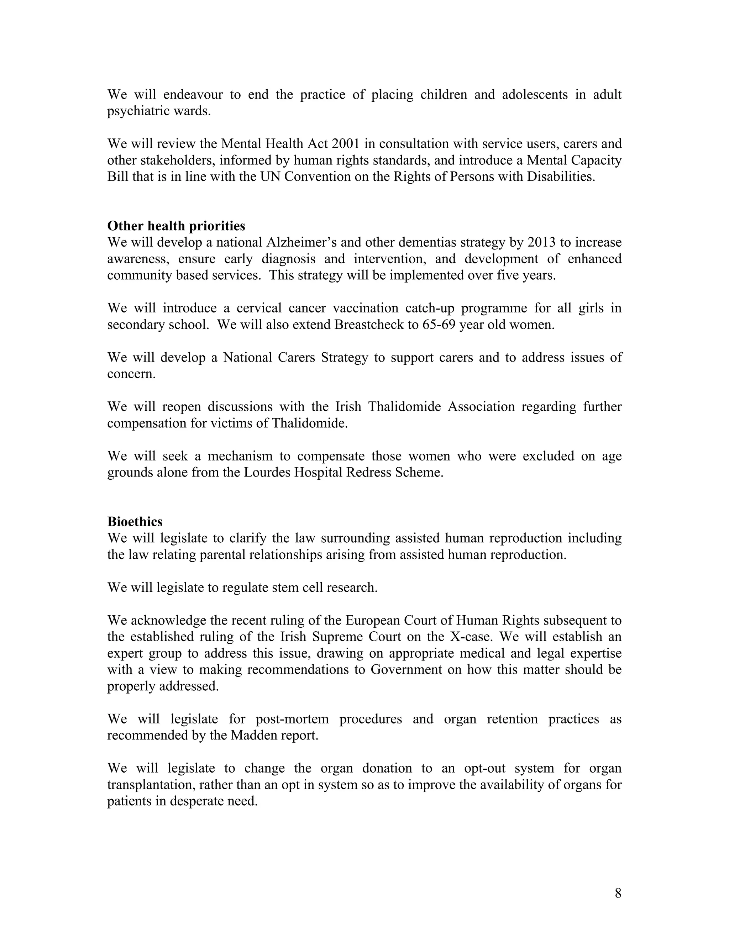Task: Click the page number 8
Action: (618, 893)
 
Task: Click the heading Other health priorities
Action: (176, 226)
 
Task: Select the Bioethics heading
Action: (135, 522)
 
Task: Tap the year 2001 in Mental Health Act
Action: (346, 143)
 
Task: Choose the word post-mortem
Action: (292, 718)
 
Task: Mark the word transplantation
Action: (150, 785)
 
